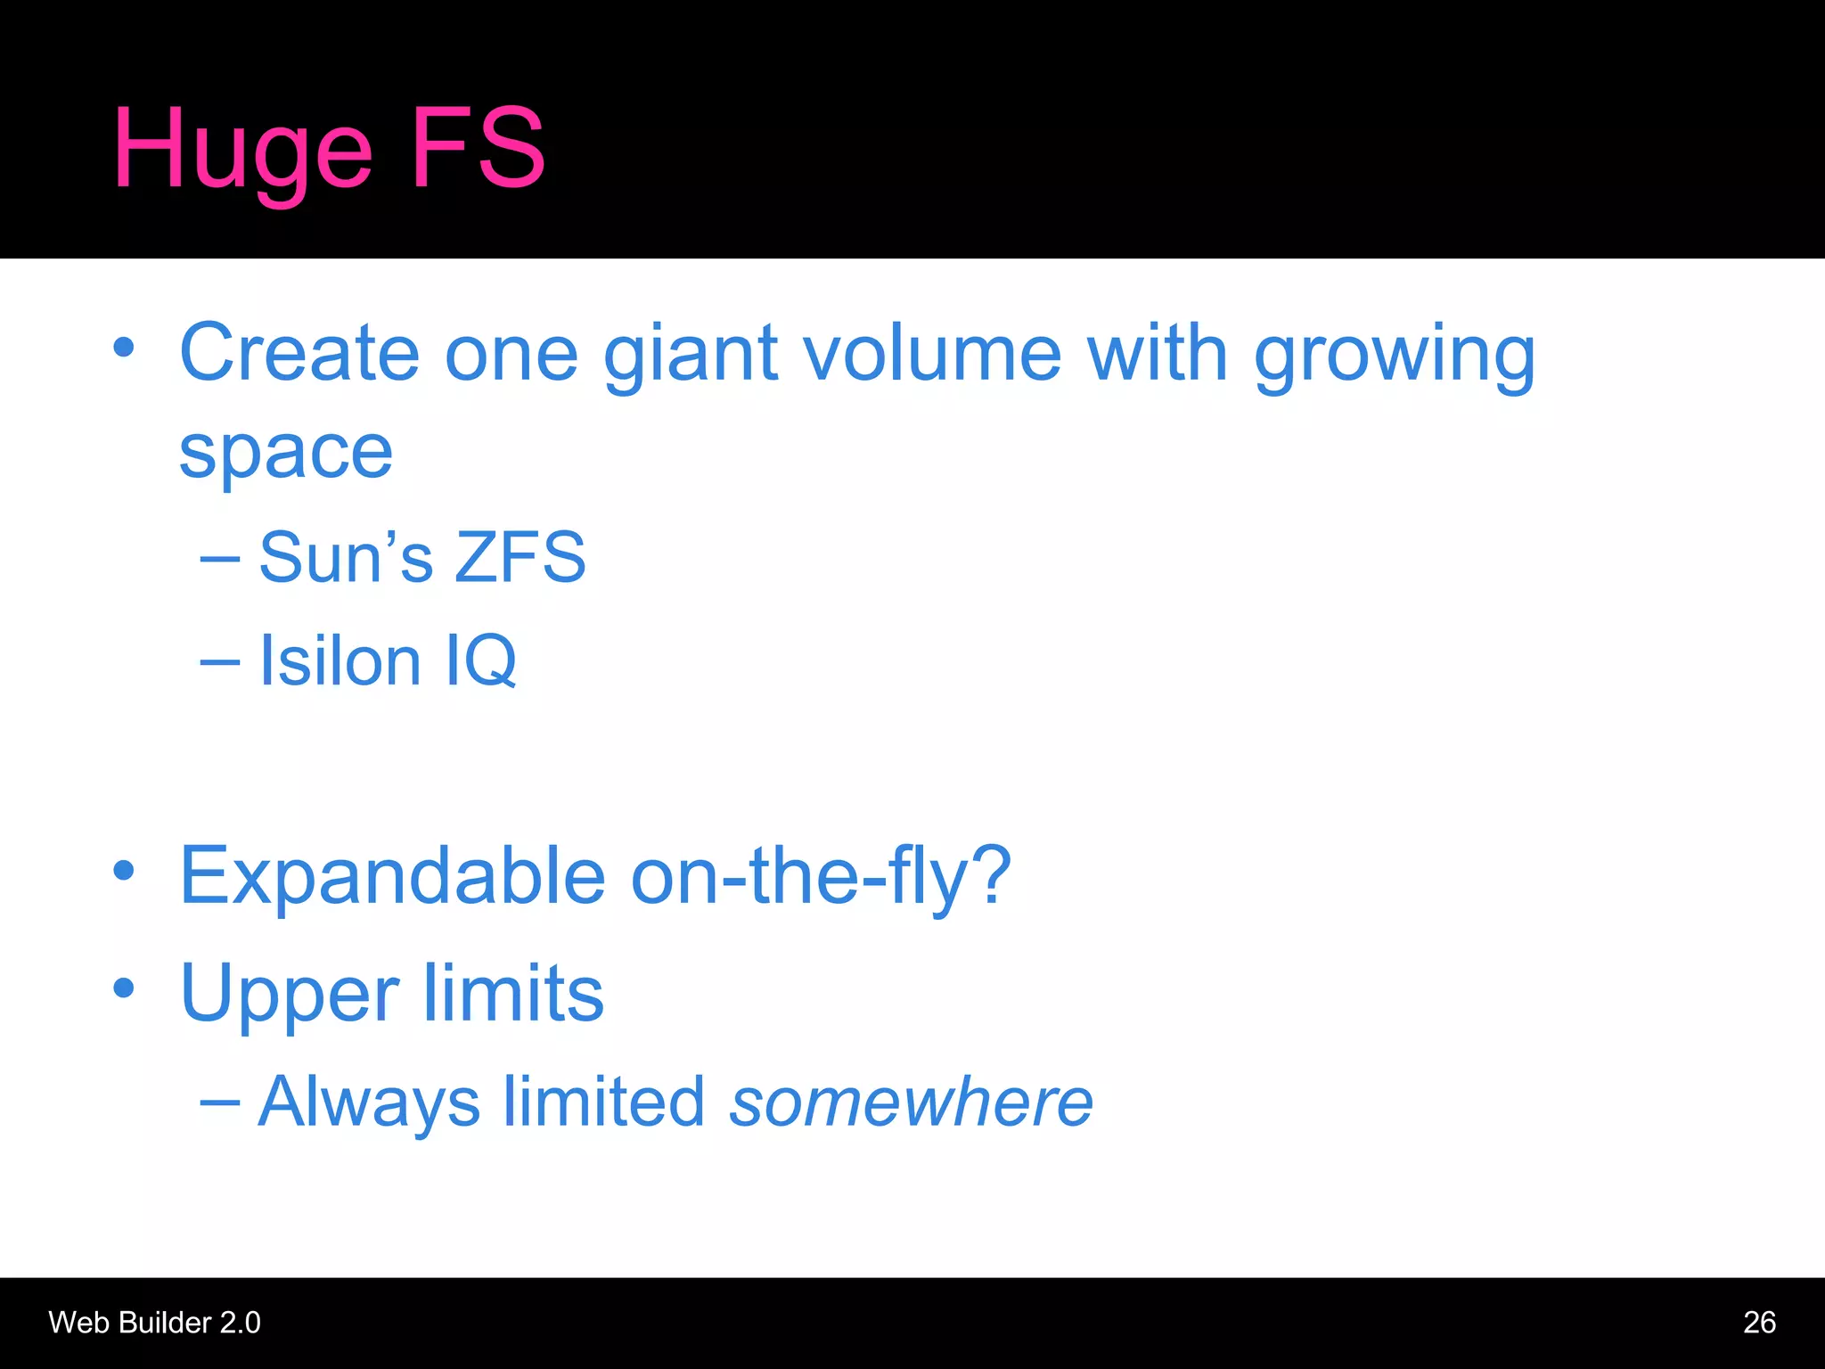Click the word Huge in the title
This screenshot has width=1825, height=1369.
click(x=241, y=150)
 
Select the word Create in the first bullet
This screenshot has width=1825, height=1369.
click(x=299, y=353)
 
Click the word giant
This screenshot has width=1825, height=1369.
click(x=692, y=355)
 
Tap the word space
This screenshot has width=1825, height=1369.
click(x=286, y=453)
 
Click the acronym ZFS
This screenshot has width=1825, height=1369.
click(x=520, y=557)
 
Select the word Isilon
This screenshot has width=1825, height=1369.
click(x=340, y=660)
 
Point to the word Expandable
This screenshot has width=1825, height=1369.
click(x=393, y=875)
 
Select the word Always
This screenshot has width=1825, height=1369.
click(x=369, y=1103)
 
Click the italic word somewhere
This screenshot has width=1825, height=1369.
click(x=911, y=1102)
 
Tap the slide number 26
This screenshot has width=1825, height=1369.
click(x=1759, y=1323)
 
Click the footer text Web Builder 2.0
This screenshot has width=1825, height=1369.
click(x=154, y=1323)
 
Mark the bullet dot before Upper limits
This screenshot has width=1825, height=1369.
click(x=124, y=988)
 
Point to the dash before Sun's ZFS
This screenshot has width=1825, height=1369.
click(x=220, y=558)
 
